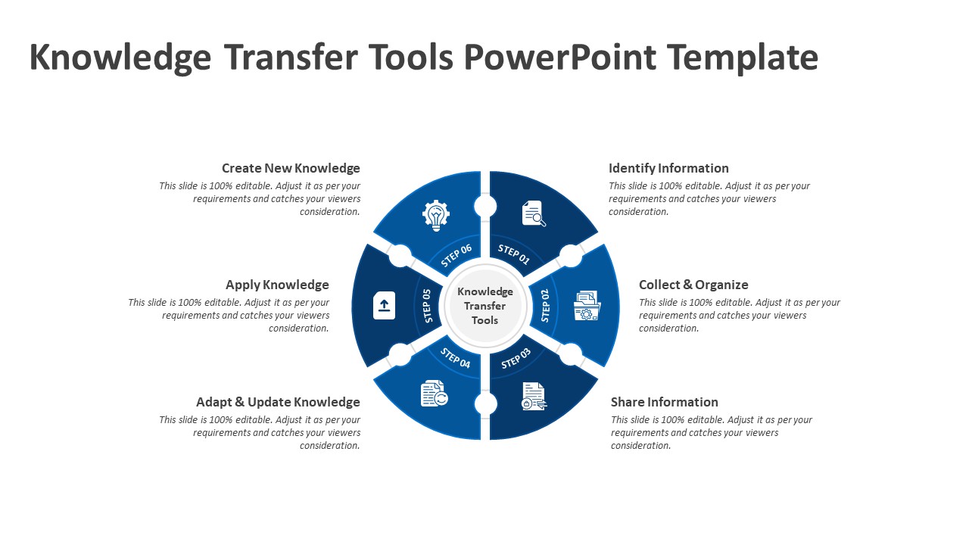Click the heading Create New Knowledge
pos(291,168)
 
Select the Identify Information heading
pos(668,168)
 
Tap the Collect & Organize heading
pos(693,285)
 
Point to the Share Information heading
pos(664,402)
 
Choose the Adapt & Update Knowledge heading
pos(278,402)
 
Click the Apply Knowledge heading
pos(277,285)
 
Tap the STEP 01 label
pos(514,255)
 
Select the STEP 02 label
pos(545,305)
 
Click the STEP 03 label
pos(516,357)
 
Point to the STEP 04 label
pos(456,357)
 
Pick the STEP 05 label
pos(426,305)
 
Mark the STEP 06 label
pos(456,255)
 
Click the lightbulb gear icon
pos(435,215)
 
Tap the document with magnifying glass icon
pos(534,213)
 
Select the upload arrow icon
pos(384,305)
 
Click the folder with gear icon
pos(587,305)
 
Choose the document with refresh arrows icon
pos(434,394)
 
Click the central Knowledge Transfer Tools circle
pos(485,305)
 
